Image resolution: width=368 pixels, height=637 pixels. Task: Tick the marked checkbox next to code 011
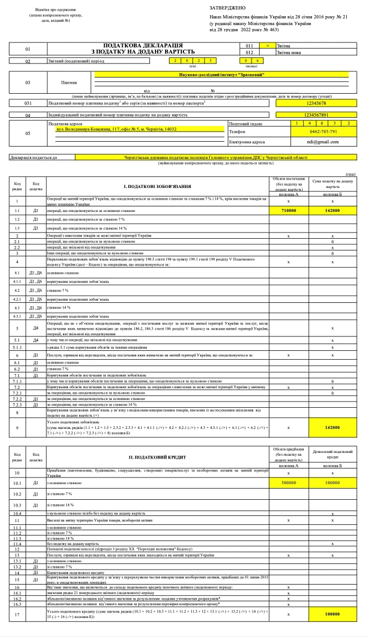[x=267, y=45]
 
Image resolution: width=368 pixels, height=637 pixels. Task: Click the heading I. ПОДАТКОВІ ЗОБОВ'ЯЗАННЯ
[x=157, y=186]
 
